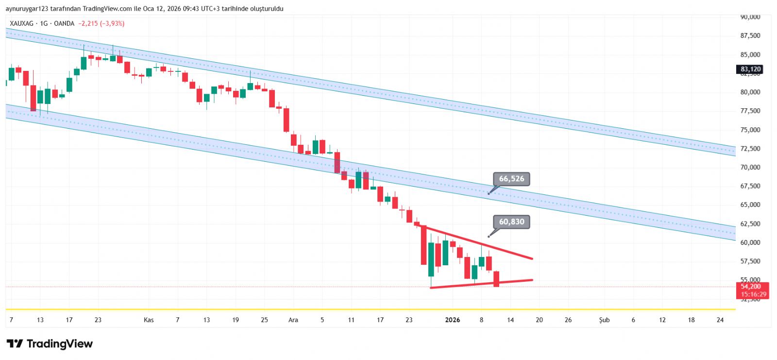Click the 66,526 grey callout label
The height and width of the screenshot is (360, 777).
[511, 179]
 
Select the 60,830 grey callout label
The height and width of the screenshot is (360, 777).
[511, 222]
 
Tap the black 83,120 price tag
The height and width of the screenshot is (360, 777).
[750, 69]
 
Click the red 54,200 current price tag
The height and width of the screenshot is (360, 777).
[753, 290]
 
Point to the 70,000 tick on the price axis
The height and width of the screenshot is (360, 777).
[750, 167]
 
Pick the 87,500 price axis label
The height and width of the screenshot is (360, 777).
[750, 35]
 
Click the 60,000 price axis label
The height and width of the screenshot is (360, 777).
[750, 242]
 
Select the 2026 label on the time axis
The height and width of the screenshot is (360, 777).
[453, 320]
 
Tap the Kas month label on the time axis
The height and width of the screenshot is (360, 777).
[149, 320]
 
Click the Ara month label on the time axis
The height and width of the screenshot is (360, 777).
[293, 320]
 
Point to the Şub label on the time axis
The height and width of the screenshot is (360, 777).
[604, 320]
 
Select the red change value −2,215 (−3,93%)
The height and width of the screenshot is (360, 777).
[101, 23]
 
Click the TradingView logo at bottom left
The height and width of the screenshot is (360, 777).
[50, 344]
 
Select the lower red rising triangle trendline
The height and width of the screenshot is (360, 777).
[481, 284]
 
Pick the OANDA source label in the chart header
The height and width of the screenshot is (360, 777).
[64, 23]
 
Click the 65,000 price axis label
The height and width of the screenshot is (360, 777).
[750, 205]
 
